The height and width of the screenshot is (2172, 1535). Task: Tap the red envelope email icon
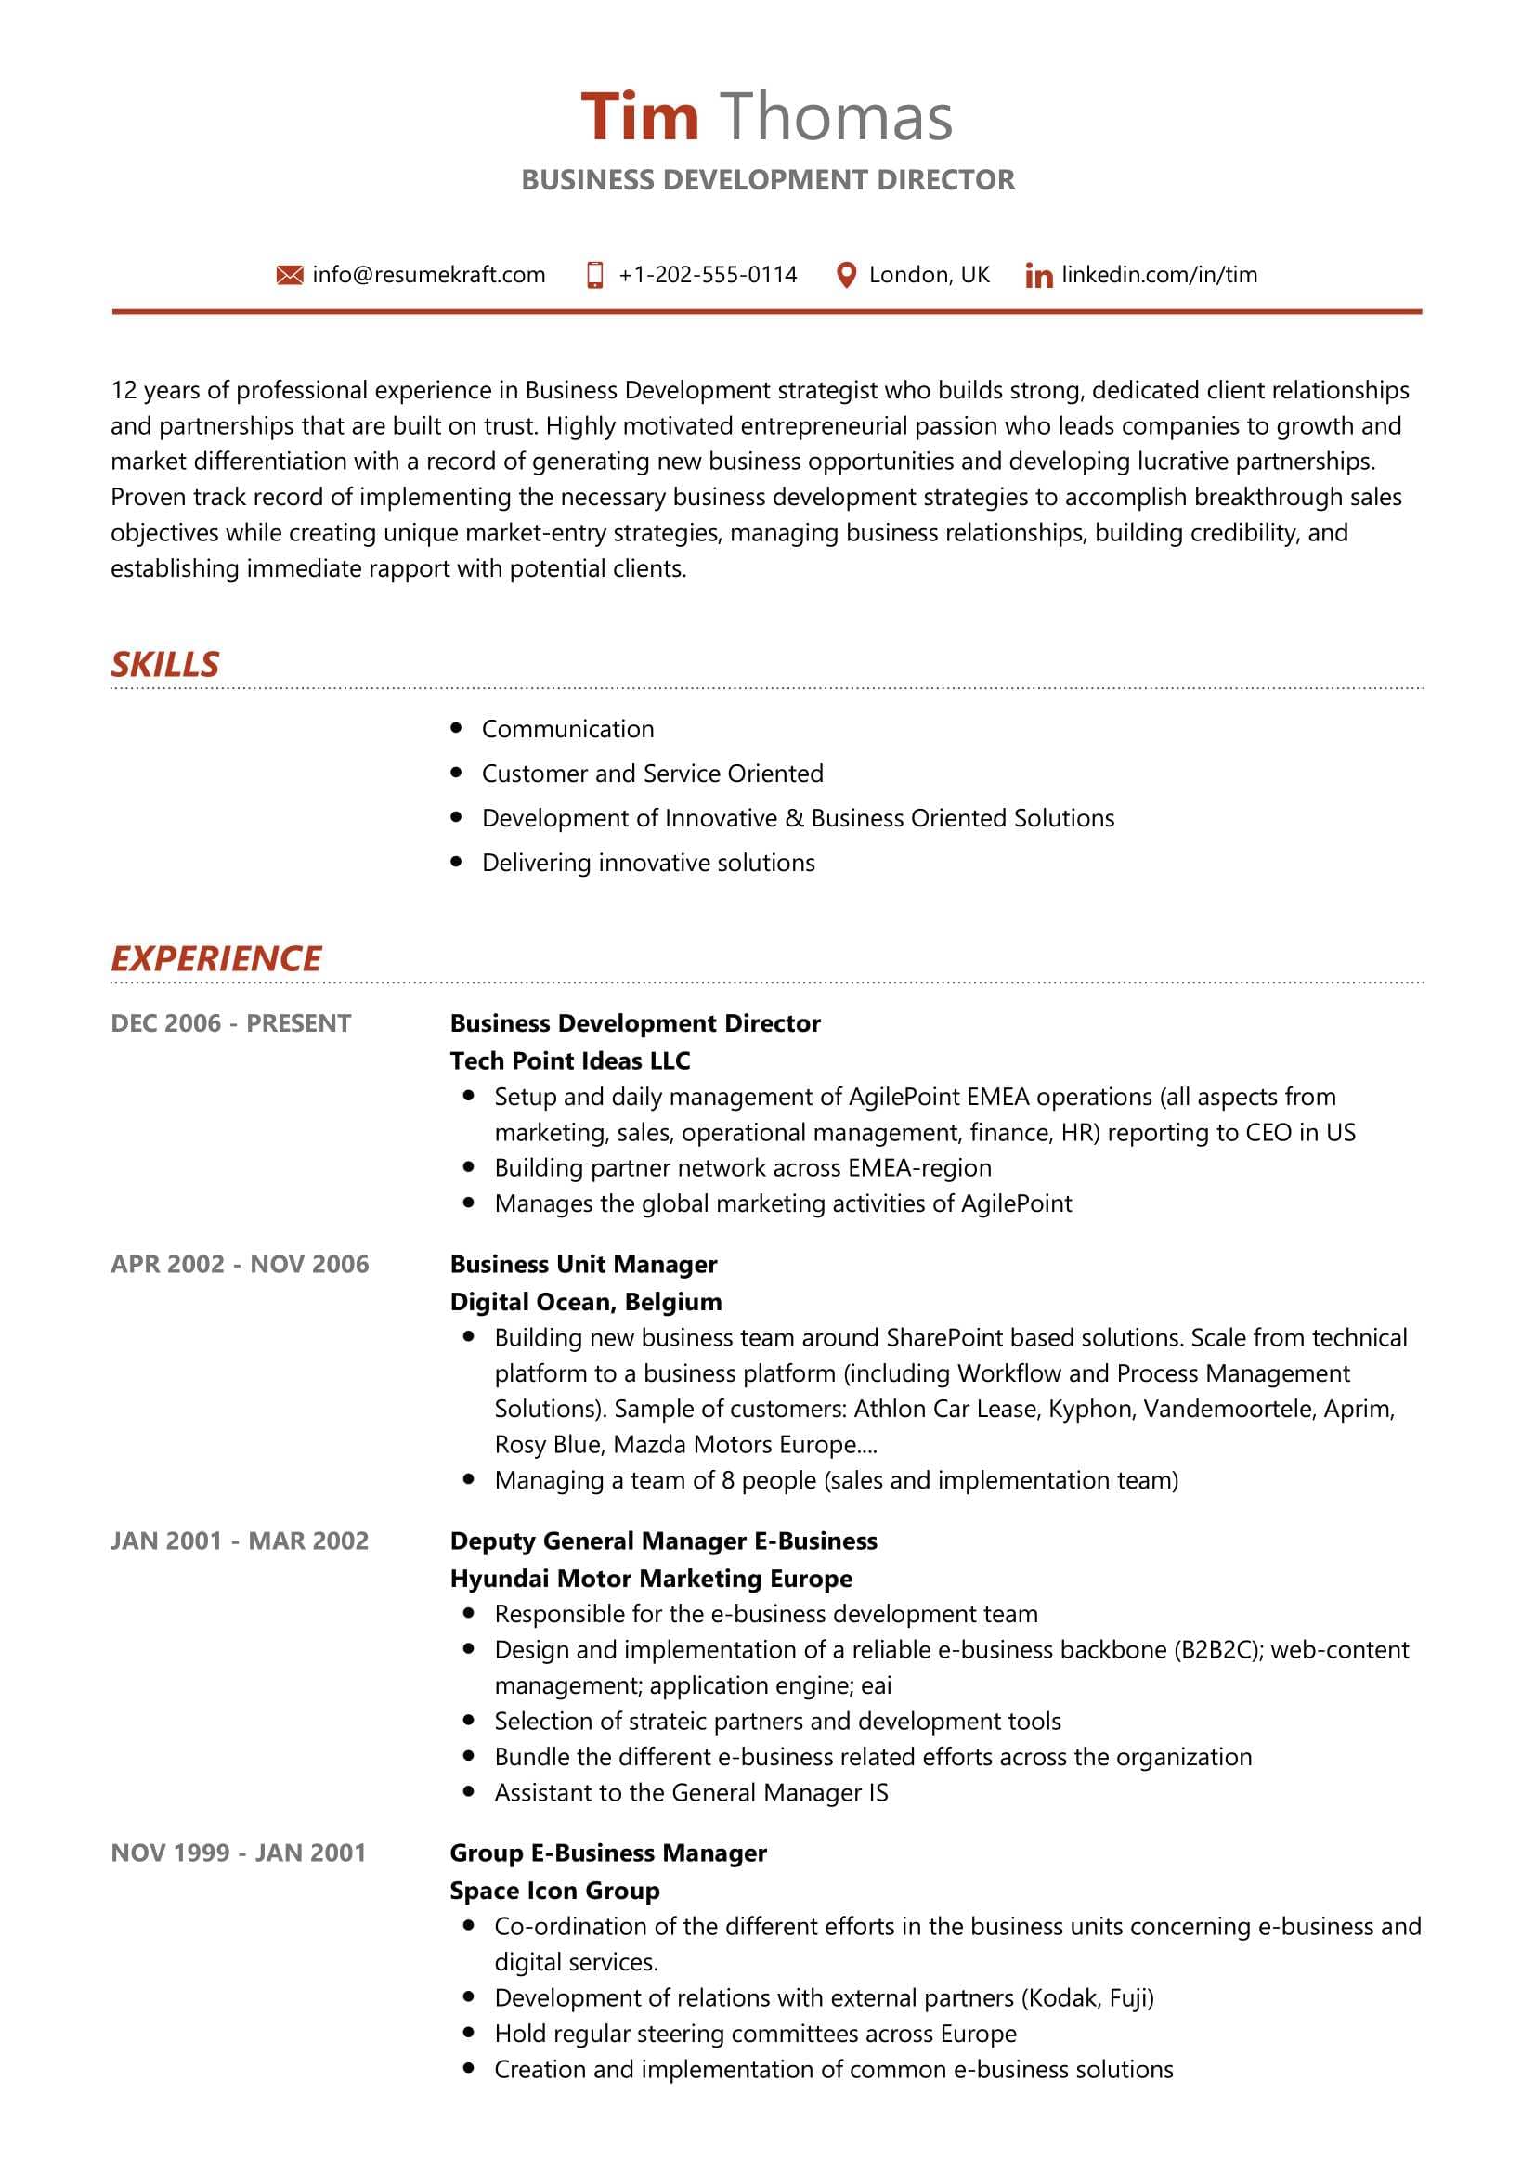(x=290, y=275)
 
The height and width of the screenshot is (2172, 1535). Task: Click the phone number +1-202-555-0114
(x=707, y=275)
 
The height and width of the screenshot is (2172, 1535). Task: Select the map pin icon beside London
(x=847, y=275)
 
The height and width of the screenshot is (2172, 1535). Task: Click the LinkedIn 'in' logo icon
(x=1038, y=276)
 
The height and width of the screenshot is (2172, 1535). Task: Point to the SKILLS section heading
(x=164, y=664)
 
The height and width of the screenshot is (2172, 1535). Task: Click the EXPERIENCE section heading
(x=215, y=958)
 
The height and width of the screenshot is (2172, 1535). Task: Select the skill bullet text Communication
(x=567, y=728)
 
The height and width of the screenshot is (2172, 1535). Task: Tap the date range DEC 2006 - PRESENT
(x=231, y=1022)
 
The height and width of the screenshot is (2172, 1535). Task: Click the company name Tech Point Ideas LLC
(x=569, y=1060)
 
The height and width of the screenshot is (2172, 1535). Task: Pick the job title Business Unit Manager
(x=583, y=1264)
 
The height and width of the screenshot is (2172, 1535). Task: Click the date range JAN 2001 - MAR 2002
(x=240, y=1540)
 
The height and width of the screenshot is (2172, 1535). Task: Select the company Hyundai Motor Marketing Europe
(x=651, y=1578)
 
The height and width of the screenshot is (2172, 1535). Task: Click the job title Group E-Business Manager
(x=608, y=1853)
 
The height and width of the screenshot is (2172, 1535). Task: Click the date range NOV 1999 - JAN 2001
(x=239, y=1853)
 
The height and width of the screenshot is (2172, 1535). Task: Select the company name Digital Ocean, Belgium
(x=585, y=1302)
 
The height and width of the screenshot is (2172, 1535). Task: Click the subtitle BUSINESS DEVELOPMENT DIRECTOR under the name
(x=768, y=180)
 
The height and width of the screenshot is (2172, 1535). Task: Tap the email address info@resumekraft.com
(x=428, y=275)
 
